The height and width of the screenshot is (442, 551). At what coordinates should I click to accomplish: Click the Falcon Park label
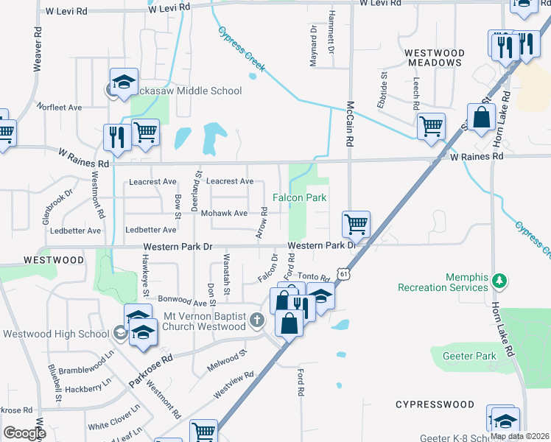pyautogui.click(x=299, y=197)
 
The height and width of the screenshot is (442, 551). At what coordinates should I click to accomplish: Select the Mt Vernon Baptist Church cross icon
pyautogui.click(x=256, y=320)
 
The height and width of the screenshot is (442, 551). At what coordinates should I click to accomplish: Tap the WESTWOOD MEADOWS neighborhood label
pyautogui.click(x=434, y=57)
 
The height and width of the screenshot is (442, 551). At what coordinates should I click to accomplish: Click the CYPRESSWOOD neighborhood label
pyautogui.click(x=435, y=404)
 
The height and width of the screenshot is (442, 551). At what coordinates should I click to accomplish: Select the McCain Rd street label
pyautogui.click(x=350, y=122)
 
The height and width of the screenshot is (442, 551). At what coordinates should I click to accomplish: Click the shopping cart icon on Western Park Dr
pyautogui.click(x=356, y=222)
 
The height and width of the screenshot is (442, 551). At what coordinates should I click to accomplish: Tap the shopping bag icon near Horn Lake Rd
pyautogui.click(x=481, y=117)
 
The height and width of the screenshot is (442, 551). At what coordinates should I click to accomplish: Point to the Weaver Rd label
pyautogui.click(x=36, y=49)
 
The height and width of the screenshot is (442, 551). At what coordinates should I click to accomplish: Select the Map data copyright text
pyautogui.click(x=519, y=436)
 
